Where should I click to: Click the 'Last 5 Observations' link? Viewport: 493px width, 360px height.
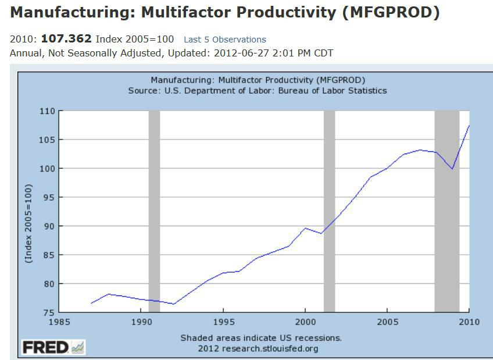click(x=225, y=40)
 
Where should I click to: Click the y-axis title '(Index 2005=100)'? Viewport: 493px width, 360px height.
click(x=28, y=223)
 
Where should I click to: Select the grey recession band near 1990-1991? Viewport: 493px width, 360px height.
click(x=154, y=209)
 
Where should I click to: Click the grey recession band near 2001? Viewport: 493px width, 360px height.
click(x=329, y=209)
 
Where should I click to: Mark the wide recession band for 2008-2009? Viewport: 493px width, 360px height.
click(x=446, y=209)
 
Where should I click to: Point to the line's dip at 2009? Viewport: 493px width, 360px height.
click(x=452, y=169)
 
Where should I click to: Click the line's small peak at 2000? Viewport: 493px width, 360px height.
click(x=305, y=228)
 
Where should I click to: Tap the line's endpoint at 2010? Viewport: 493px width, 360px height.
click(x=469, y=126)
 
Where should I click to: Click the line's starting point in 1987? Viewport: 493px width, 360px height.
click(x=91, y=303)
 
